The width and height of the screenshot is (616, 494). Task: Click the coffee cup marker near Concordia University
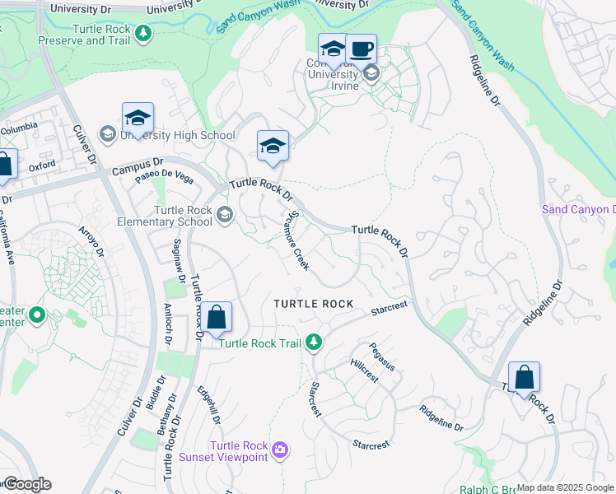pyautogui.click(x=361, y=48)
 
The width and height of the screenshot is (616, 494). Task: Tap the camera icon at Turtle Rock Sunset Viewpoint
pyautogui.click(x=281, y=449)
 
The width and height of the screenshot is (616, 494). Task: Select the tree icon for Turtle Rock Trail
pyautogui.click(x=313, y=341)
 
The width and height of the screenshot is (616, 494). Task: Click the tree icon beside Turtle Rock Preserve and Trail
pyautogui.click(x=144, y=33)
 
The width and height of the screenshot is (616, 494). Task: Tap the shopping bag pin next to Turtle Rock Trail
pyautogui.click(x=216, y=317)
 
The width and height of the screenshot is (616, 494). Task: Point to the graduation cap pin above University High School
pyautogui.click(x=138, y=117)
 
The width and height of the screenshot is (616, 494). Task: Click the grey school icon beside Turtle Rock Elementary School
pyautogui.click(x=224, y=215)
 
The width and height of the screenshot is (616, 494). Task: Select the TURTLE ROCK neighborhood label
pyautogui.click(x=314, y=304)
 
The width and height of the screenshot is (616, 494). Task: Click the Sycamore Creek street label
pyautogui.click(x=296, y=244)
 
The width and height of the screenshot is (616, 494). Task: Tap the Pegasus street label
pyautogui.click(x=382, y=357)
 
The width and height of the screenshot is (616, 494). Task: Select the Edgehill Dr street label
pyautogui.click(x=209, y=406)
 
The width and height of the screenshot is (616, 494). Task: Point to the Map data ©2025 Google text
pyautogui.click(x=565, y=487)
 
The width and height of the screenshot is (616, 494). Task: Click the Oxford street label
pyautogui.click(x=41, y=165)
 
